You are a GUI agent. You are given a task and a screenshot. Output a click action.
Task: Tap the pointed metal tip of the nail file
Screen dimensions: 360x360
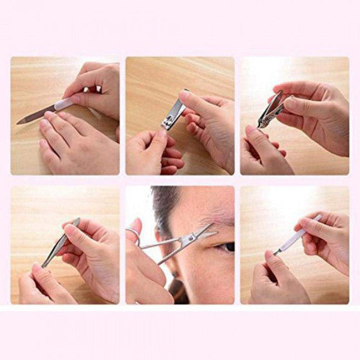tap(20, 121)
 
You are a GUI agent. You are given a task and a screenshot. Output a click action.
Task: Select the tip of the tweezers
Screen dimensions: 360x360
tap(43, 265)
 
